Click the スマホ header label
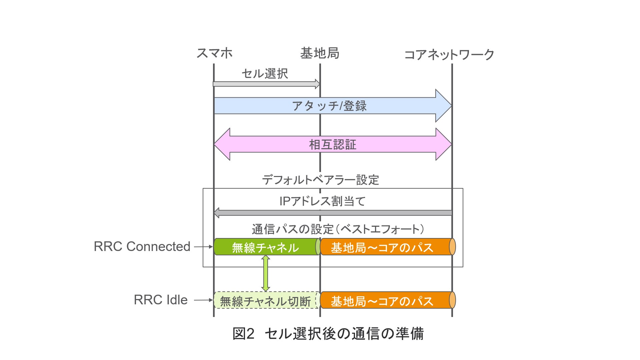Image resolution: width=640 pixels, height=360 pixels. pyautogui.click(x=214, y=53)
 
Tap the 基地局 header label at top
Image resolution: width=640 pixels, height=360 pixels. pyautogui.click(x=320, y=53)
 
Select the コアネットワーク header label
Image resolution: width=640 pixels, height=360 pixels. pyautogui.click(x=449, y=55)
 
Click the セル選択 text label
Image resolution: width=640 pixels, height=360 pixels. pyautogui.click(x=265, y=74)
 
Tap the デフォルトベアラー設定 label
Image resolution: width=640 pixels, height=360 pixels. pyautogui.click(x=320, y=180)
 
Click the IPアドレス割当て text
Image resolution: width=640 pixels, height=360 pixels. pyautogui.click(x=322, y=201)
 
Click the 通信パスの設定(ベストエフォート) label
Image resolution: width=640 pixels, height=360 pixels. pyautogui.click(x=338, y=229)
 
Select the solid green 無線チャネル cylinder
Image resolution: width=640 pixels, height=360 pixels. pyautogui.click(x=266, y=247)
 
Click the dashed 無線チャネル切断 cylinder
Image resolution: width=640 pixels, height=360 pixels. pyautogui.click(x=266, y=300)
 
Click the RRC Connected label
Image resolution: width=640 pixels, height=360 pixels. pyautogui.click(x=142, y=247)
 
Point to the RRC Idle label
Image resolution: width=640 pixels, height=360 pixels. pyautogui.click(x=161, y=300)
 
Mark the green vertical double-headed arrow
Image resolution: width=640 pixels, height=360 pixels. pyautogui.click(x=266, y=273)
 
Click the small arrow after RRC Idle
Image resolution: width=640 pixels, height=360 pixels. pyautogui.click(x=203, y=300)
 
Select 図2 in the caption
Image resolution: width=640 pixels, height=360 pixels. pyautogui.click(x=243, y=334)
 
